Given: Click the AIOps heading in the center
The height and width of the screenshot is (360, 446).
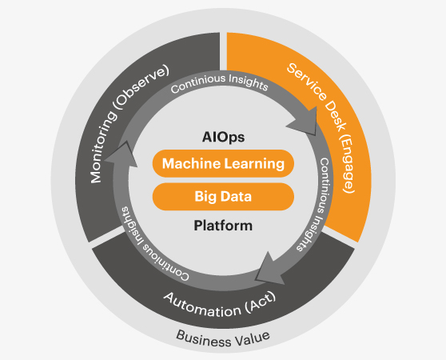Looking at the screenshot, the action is coord(223,138).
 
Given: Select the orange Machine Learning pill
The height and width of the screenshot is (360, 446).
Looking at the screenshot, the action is coord(223,163).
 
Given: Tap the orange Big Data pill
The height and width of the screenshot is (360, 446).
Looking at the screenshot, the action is coord(223,196).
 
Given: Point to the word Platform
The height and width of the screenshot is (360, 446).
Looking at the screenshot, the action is coord(223,226).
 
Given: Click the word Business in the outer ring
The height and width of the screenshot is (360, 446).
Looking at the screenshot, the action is coord(203,338).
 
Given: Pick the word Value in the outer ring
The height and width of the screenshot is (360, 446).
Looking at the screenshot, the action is coord(252,338).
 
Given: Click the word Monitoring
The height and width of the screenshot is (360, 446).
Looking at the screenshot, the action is coord(103,147).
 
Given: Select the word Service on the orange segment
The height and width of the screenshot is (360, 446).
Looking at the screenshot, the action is coord(307,82).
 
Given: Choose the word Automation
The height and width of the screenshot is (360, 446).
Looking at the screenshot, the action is coord(202,306).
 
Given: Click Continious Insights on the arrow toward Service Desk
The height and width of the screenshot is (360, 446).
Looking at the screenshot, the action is coord(219,82).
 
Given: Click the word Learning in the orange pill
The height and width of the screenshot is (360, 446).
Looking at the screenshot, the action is coord(254,164).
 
